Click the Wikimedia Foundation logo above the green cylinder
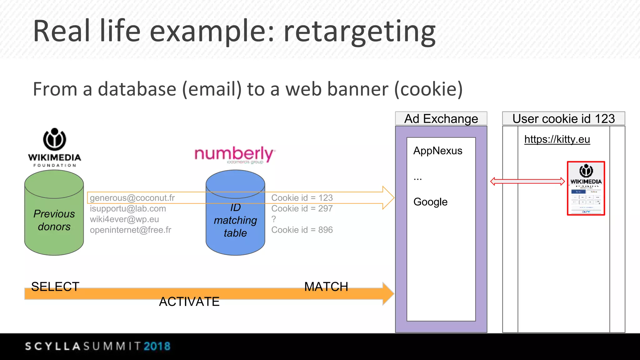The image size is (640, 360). (x=54, y=147)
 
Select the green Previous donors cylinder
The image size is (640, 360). (x=54, y=219)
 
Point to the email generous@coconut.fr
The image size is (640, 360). (x=132, y=198)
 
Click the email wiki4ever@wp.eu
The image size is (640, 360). (x=124, y=219)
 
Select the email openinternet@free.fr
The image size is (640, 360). (x=131, y=230)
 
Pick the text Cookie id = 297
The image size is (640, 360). (x=302, y=208)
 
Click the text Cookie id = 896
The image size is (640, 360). (x=302, y=230)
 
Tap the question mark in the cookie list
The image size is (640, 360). (x=274, y=219)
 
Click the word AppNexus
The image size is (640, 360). (x=437, y=151)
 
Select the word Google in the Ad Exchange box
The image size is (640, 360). (x=430, y=202)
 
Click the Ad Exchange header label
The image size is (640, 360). (x=441, y=119)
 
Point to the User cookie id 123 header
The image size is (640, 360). (x=563, y=119)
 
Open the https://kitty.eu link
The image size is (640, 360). (x=557, y=139)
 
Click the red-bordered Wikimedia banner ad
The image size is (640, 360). (x=586, y=188)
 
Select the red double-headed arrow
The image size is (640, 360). (x=527, y=181)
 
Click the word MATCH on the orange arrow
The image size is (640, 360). (x=326, y=287)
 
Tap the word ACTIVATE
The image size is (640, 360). (x=189, y=302)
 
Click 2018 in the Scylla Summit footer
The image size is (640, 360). (x=157, y=346)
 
